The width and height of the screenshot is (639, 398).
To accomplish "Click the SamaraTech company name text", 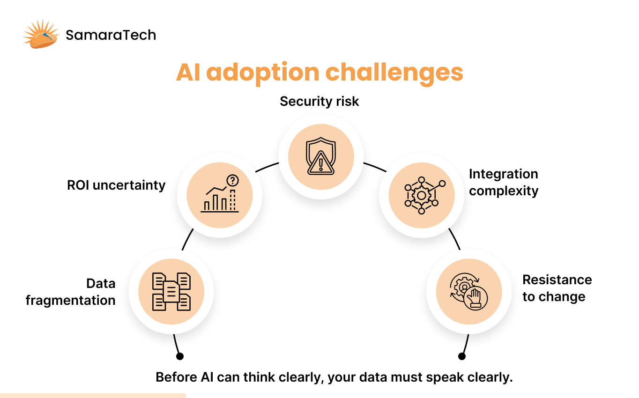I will click(x=111, y=35).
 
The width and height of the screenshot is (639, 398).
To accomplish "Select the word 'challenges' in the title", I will click(x=394, y=73).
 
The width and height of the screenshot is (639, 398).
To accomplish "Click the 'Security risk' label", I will click(x=319, y=101).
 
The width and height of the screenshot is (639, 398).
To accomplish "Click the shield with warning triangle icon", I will click(x=320, y=157).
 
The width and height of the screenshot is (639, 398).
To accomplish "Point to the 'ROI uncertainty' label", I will click(x=116, y=185).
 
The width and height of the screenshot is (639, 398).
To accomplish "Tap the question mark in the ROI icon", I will click(x=232, y=181).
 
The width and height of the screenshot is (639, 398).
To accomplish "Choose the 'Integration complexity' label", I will click(x=504, y=183).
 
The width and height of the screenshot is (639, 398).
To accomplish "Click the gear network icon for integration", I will click(x=422, y=195).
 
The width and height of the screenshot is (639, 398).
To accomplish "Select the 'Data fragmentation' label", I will click(x=70, y=292).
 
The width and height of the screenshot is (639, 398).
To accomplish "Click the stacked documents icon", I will click(x=171, y=292).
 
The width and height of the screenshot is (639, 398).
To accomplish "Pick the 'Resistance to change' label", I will click(x=557, y=288).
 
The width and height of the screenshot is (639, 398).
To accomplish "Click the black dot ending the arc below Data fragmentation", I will click(x=179, y=356).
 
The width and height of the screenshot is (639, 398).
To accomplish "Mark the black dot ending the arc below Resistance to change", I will click(x=462, y=356).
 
